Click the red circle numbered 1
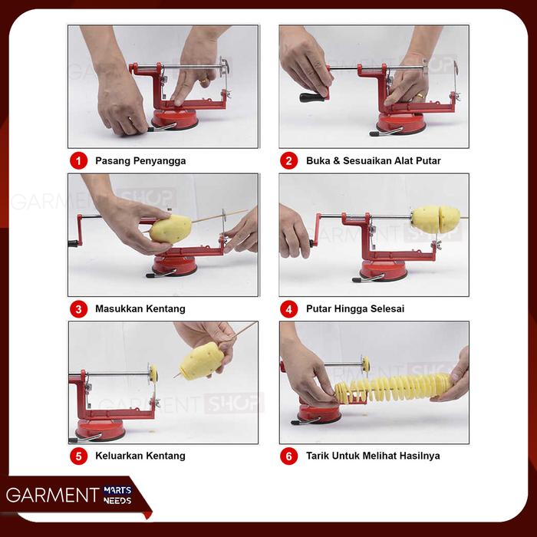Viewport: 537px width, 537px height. coord(79,160)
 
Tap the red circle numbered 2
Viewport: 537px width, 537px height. coord(288,160)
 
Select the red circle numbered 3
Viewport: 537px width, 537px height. coord(79,309)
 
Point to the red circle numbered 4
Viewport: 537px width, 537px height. coord(288,309)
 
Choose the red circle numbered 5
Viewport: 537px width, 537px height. coord(79,456)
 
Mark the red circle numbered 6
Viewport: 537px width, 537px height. coord(288,456)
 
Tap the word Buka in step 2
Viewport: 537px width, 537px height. coord(318,160)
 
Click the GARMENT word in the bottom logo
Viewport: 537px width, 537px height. coord(53,495)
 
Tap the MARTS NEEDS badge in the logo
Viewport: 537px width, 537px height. coord(117,496)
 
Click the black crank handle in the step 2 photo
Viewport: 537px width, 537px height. coord(312,97)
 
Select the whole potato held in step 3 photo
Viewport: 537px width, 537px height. coord(170,229)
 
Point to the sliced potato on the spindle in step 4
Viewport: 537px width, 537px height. coord(436,219)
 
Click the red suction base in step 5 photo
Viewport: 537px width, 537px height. coord(100,430)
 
